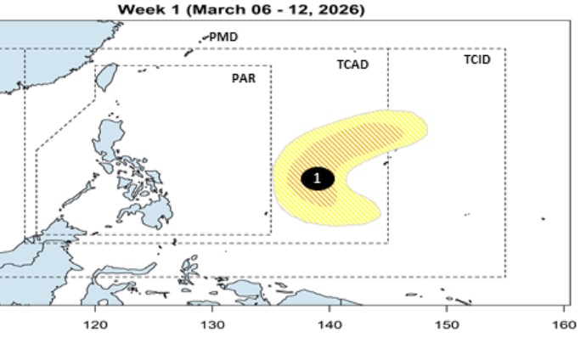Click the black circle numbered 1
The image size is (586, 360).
318,178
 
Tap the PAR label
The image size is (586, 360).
244,78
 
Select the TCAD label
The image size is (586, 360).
352,65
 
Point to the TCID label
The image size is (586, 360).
476,59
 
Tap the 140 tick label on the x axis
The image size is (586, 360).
330,325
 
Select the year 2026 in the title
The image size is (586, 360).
340,9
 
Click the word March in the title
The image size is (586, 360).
222,9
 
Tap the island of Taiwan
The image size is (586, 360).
106,77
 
